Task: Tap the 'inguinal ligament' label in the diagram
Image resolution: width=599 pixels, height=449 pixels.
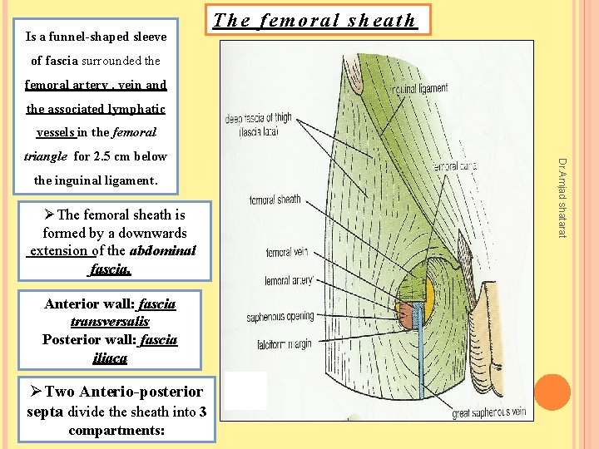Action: click(x=419, y=88)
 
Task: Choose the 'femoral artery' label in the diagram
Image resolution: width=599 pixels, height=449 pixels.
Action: click(x=289, y=282)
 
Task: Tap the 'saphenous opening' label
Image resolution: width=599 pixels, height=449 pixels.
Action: click(x=280, y=317)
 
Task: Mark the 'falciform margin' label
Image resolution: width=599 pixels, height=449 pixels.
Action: click(x=278, y=345)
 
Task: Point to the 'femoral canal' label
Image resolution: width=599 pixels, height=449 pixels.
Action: click(x=453, y=167)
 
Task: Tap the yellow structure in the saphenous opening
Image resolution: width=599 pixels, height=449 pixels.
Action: click(x=430, y=294)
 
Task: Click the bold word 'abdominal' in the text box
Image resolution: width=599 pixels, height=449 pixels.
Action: click(x=163, y=250)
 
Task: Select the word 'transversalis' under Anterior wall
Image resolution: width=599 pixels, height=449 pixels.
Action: click(x=110, y=321)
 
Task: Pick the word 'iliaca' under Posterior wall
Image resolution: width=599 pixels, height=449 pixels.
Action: click(x=110, y=358)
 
